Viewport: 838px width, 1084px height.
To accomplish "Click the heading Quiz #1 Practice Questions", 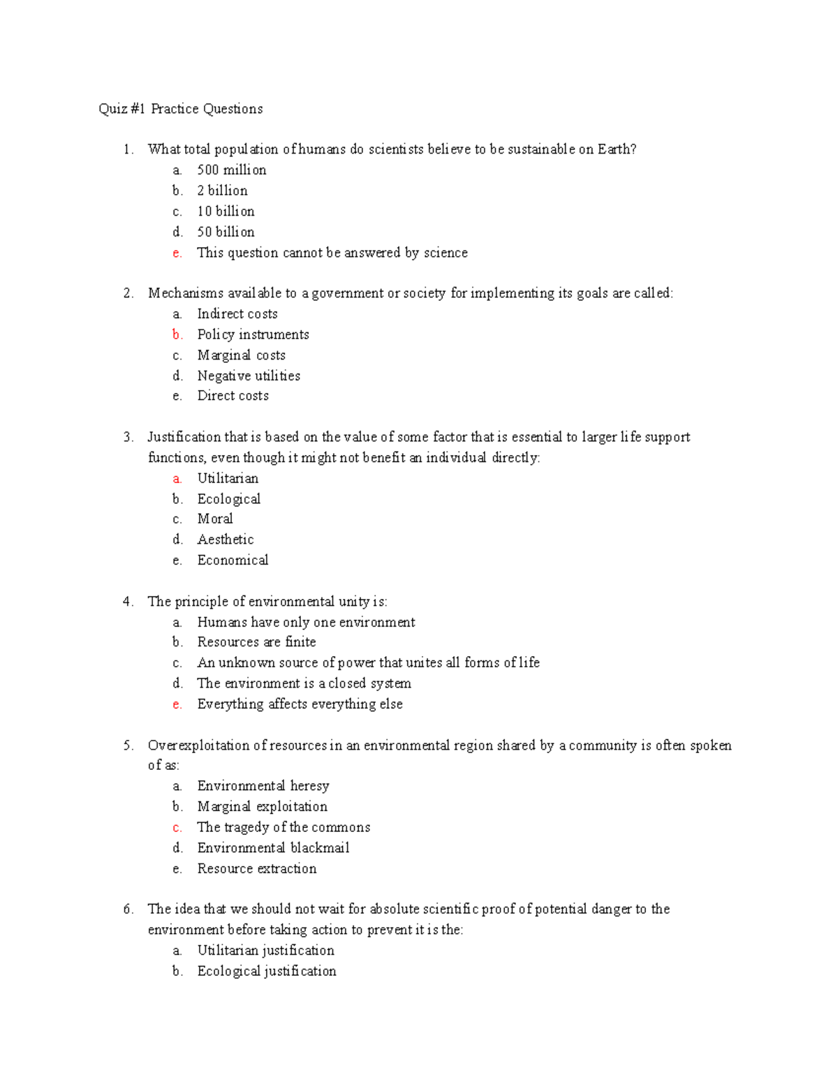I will tap(181, 109).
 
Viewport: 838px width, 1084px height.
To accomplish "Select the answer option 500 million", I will tap(231, 170).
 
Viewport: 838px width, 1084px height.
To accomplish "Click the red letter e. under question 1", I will tap(177, 253).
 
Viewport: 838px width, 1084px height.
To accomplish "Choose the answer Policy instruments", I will tap(253, 335).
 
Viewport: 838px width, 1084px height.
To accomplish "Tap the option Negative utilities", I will tap(249, 376).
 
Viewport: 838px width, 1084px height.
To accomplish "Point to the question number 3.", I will tap(128, 438).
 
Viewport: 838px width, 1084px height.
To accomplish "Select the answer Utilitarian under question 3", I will tap(228, 479).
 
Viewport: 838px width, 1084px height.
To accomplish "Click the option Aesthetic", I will tap(226, 540).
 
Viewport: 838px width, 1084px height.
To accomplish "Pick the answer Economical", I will tap(233, 560).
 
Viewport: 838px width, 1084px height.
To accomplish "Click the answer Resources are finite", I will tap(256, 642).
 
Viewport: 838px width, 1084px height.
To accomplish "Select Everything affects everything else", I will tap(300, 704).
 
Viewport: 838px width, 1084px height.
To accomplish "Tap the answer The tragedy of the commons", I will tap(284, 828).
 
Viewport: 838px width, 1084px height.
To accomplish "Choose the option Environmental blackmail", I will tap(273, 848).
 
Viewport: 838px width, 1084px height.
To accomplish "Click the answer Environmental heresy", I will tap(263, 787).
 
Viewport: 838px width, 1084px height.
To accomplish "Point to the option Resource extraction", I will tap(256, 869).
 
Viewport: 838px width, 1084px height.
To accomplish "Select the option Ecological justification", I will tap(266, 972).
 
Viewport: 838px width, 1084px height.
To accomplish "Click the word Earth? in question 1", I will tap(617, 149).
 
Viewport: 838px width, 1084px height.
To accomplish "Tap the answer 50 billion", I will tap(226, 232).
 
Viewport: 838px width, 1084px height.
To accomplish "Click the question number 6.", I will tap(128, 909).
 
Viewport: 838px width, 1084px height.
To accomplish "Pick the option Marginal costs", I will tap(241, 356).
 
